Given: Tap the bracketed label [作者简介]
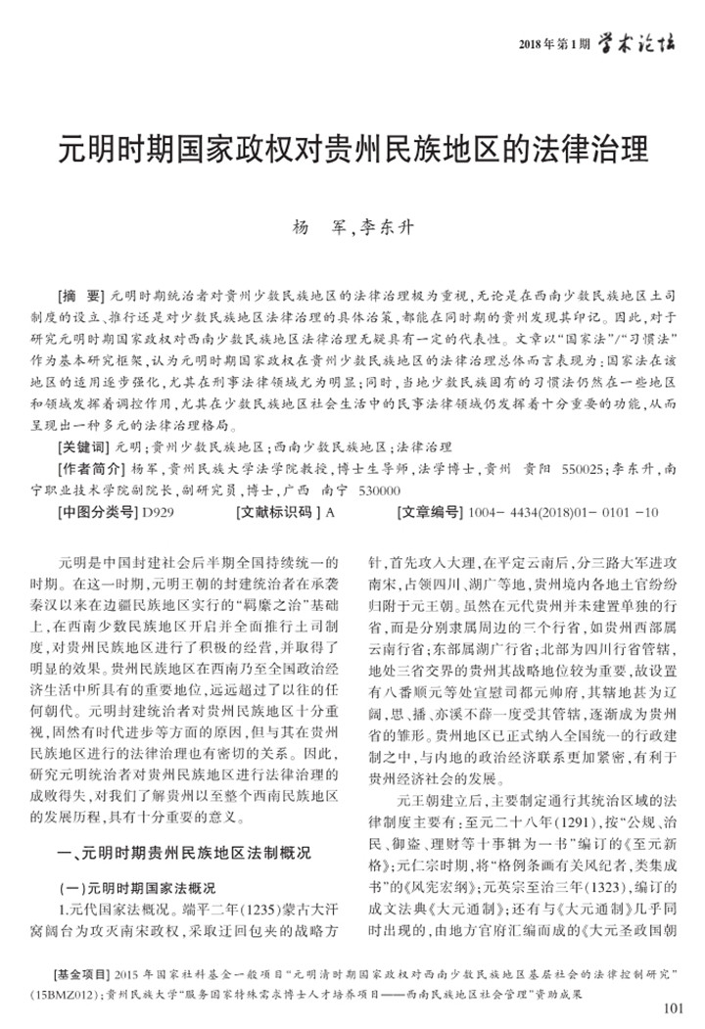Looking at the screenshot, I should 91,468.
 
